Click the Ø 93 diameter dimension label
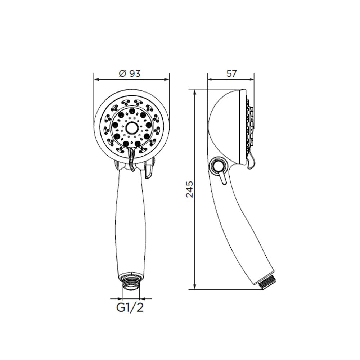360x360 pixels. (x=130, y=73)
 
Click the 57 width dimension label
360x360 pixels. (x=231, y=73)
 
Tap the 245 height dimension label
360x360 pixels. (x=190, y=189)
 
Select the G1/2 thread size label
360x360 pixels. (x=130, y=308)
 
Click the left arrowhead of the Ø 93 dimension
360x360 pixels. (x=97, y=80)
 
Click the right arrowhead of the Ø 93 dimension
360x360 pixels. (x=166, y=80)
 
